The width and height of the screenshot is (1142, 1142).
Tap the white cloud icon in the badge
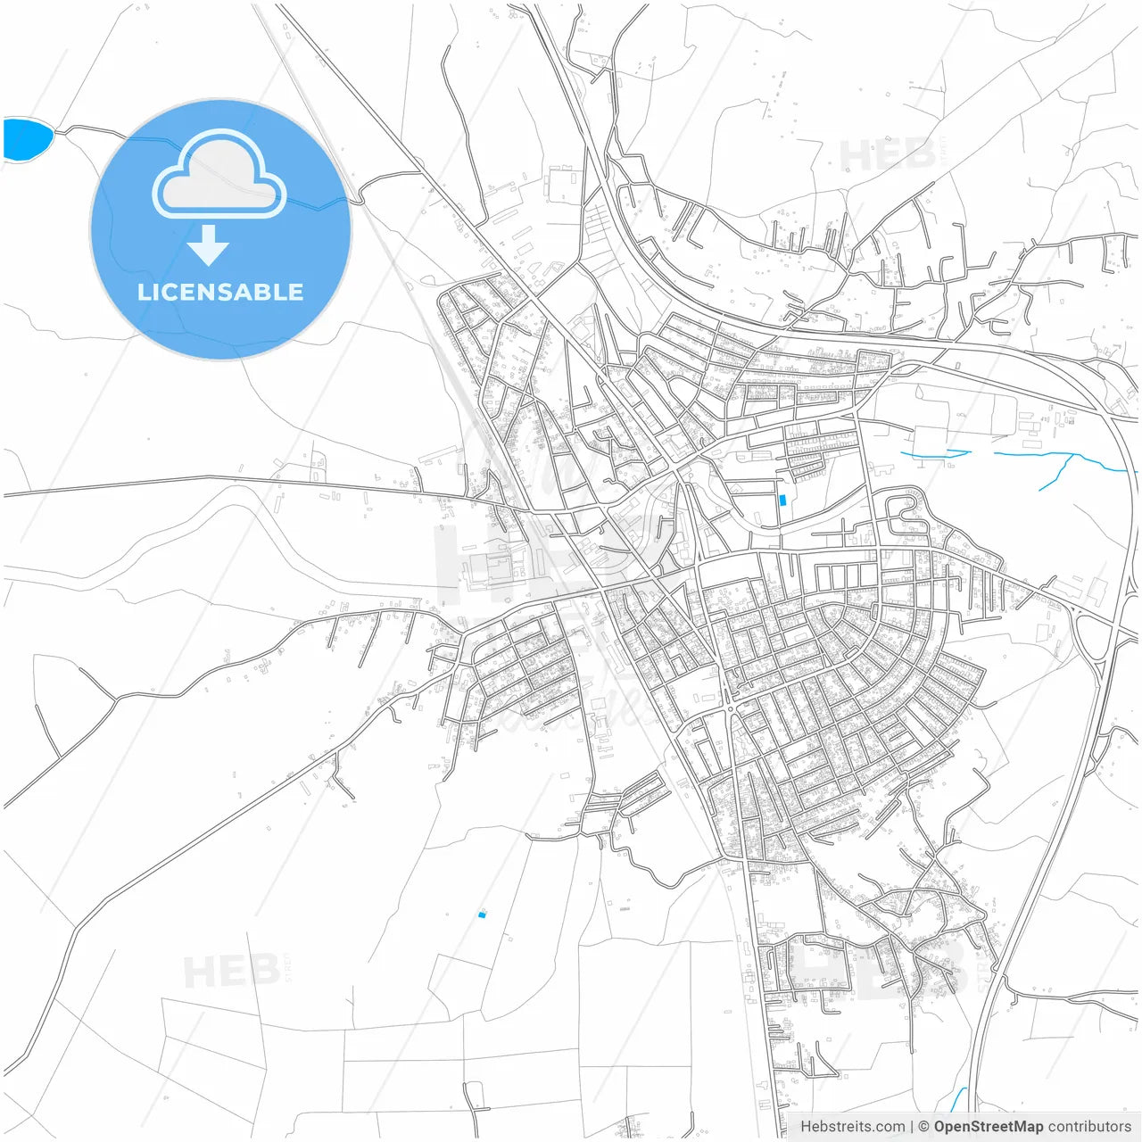tap(219, 177)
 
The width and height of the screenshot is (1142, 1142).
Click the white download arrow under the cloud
tap(209, 245)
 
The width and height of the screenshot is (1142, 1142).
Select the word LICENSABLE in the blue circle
tap(220, 292)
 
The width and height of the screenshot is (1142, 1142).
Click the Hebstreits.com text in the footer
tap(852, 1127)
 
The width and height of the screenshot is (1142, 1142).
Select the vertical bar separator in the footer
tap(911, 1127)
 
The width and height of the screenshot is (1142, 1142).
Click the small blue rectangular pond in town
tap(782, 501)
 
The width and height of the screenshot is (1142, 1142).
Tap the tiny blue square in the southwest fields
tap(482, 914)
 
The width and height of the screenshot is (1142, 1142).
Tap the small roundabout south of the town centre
tap(731, 709)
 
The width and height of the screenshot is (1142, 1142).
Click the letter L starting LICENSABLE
tap(144, 292)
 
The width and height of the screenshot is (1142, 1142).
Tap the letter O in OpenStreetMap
tap(941, 1127)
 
